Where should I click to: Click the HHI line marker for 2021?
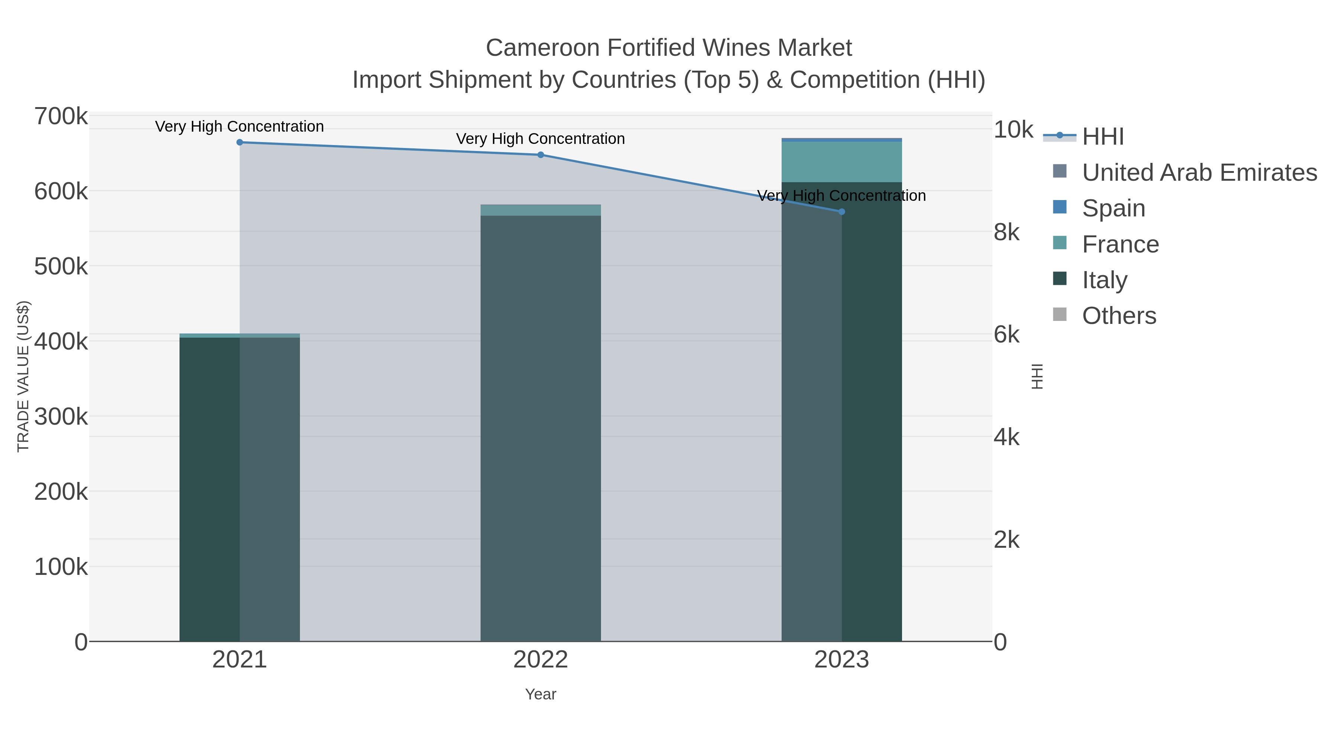coord(239,142)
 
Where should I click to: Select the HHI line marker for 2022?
coord(540,155)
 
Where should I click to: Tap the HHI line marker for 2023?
coord(841,212)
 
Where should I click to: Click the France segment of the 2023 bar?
coord(841,162)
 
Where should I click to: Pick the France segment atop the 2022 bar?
coord(540,210)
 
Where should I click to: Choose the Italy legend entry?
coord(1104,280)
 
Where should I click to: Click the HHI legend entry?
coord(1103,137)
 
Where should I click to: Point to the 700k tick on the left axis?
coord(61,117)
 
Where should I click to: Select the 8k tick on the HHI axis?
coord(1006,233)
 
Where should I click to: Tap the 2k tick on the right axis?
coord(1006,540)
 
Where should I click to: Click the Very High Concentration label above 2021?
coord(239,127)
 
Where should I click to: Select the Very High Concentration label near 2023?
coord(841,196)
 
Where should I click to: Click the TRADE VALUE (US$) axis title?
coord(23,376)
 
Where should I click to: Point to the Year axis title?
coord(540,694)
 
